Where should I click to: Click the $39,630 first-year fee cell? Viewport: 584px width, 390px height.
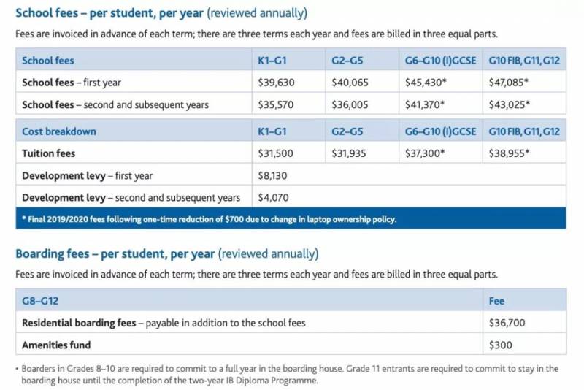click(276, 83)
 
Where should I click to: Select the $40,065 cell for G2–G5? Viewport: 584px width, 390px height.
click(350, 83)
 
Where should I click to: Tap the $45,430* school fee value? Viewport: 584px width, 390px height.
click(425, 83)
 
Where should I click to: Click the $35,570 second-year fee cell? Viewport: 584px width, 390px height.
click(276, 104)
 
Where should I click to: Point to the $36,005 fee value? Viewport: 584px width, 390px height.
click(350, 104)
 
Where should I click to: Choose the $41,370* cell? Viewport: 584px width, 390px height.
click(425, 104)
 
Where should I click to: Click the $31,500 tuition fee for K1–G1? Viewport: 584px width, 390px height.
click(276, 153)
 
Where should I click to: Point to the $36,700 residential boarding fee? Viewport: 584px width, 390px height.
click(507, 323)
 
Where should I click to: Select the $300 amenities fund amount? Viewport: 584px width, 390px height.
click(501, 345)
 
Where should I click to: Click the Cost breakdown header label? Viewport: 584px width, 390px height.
click(59, 131)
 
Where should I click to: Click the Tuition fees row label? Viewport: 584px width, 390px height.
click(49, 153)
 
